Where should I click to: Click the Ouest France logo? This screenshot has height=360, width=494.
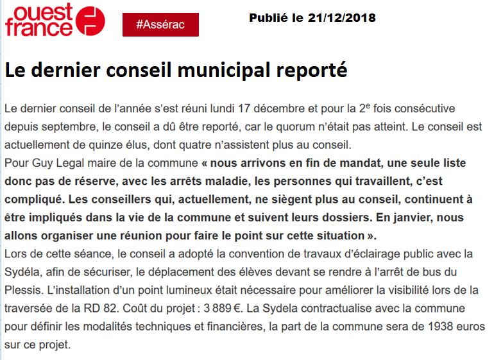[55, 21]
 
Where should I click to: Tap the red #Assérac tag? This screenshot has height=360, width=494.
[160, 24]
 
